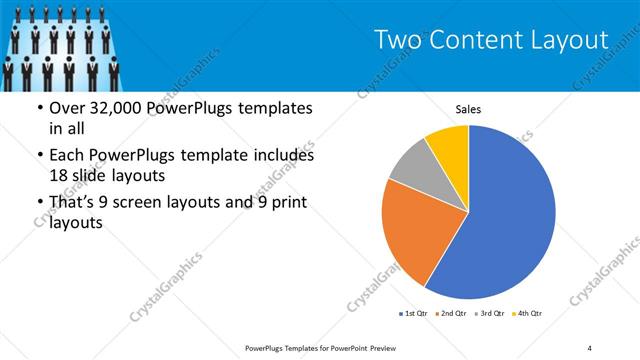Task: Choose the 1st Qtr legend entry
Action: point(415,314)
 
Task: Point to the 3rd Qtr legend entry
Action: point(490,314)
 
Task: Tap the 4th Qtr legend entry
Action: point(527,314)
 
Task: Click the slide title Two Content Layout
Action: point(491,40)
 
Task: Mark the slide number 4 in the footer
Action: point(589,347)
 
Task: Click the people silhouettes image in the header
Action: point(60,46)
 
